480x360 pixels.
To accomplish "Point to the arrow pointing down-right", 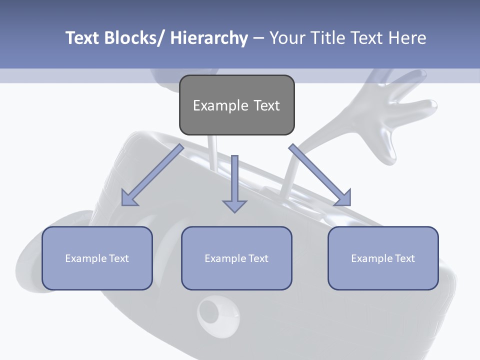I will tap(320, 175).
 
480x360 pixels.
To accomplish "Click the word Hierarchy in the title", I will tap(209, 38).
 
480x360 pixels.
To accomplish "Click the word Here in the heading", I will tap(405, 38).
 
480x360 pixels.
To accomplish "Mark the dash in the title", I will tap(258, 38).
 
